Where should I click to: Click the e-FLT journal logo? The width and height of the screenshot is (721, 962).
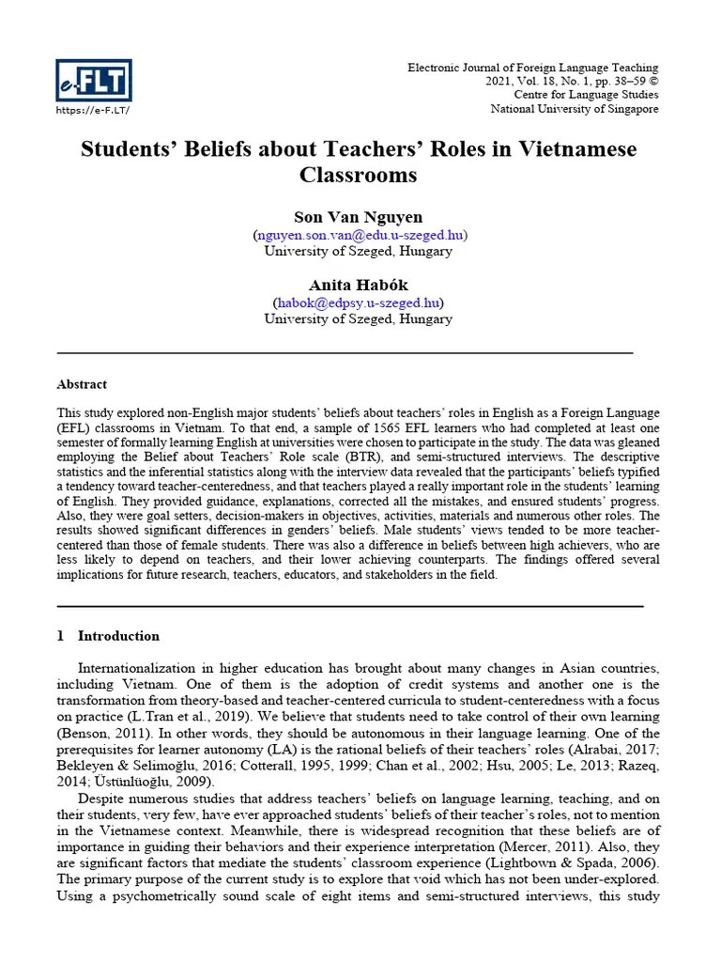pyautogui.click(x=94, y=79)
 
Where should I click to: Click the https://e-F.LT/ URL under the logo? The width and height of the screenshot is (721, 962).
pyautogui.click(x=93, y=111)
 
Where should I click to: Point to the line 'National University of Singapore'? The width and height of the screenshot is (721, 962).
pyautogui.click(x=575, y=109)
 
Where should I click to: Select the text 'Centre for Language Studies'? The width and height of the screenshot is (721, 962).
pyautogui.click(x=586, y=95)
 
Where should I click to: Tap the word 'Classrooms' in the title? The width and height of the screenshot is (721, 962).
pyautogui.click(x=359, y=175)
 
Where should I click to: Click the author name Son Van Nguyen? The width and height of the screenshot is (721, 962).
pyautogui.click(x=359, y=217)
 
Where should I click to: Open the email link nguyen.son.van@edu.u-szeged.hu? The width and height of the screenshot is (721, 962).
pyautogui.click(x=359, y=235)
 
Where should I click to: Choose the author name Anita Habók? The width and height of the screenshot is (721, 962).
pyautogui.click(x=359, y=285)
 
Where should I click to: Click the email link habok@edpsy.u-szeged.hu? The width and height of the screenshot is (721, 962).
pyautogui.click(x=359, y=303)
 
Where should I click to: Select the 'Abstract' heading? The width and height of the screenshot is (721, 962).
pyautogui.click(x=83, y=384)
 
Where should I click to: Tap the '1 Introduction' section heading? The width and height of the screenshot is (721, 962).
pyautogui.click(x=108, y=636)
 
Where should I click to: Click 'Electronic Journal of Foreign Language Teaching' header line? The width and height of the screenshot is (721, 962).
pyautogui.click(x=532, y=68)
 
